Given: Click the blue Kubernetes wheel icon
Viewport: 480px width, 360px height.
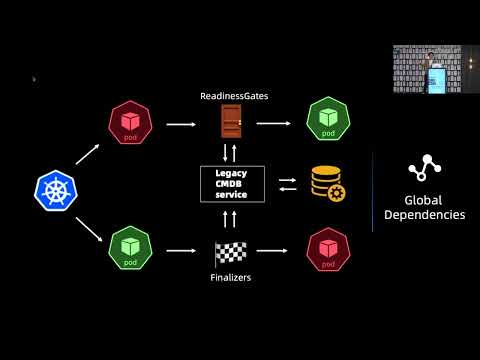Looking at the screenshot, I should (x=55, y=190).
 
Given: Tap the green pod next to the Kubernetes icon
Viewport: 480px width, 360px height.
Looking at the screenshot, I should (x=129, y=247).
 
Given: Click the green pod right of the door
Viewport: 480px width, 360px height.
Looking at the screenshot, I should (x=327, y=119).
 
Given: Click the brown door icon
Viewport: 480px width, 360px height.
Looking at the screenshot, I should (x=231, y=122).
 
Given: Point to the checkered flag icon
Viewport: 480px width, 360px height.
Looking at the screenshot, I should (x=231, y=252).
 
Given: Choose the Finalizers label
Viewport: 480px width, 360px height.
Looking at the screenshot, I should (x=231, y=277).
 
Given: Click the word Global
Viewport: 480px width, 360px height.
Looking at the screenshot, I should (x=424, y=199).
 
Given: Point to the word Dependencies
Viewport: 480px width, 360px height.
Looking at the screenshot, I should (x=424, y=214).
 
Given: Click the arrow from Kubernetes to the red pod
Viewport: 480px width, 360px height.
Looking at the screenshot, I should (x=88, y=153).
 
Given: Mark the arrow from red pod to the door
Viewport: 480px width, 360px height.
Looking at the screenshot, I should (x=180, y=124).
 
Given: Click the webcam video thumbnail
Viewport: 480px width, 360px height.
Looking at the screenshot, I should (x=436, y=69).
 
